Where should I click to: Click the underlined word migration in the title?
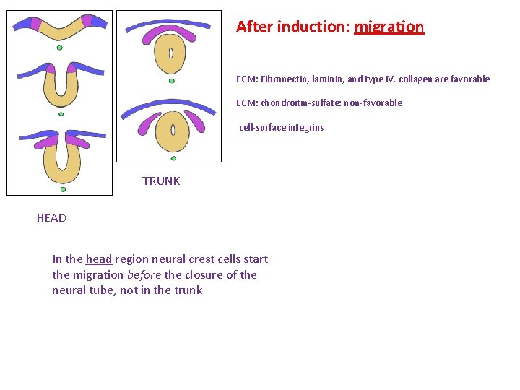389,27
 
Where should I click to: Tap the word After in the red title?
254,27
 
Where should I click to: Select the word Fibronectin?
282,79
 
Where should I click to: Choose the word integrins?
306,128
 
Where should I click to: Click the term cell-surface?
263,128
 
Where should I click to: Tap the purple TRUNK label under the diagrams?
161,181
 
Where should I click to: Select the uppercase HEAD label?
51,218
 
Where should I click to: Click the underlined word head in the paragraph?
99,259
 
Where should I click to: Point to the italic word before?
144,275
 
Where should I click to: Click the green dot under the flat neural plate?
60,48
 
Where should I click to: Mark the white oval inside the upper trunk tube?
171,53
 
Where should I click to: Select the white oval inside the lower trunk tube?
173,130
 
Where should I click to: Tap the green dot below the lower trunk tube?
173,158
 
